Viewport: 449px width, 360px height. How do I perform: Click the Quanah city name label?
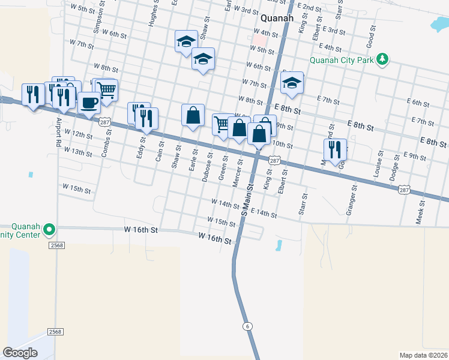point(277,17)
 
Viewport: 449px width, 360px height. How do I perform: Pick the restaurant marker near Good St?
point(335,149)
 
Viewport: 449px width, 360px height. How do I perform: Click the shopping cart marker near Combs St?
point(106,90)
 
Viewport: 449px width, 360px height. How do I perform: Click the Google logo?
point(20,353)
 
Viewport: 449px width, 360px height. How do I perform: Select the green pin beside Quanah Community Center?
point(50,229)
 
